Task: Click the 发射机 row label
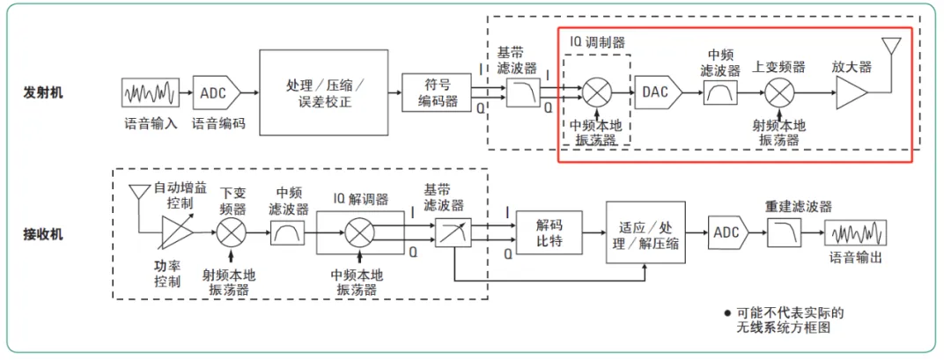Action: [x=44, y=92]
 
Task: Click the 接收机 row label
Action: [x=44, y=235]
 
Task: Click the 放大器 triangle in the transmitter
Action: [x=851, y=92]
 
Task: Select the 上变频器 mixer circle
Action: [x=778, y=92]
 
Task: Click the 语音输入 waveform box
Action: [x=150, y=92]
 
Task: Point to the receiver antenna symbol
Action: [x=138, y=191]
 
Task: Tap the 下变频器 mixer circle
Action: [x=231, y=233]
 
